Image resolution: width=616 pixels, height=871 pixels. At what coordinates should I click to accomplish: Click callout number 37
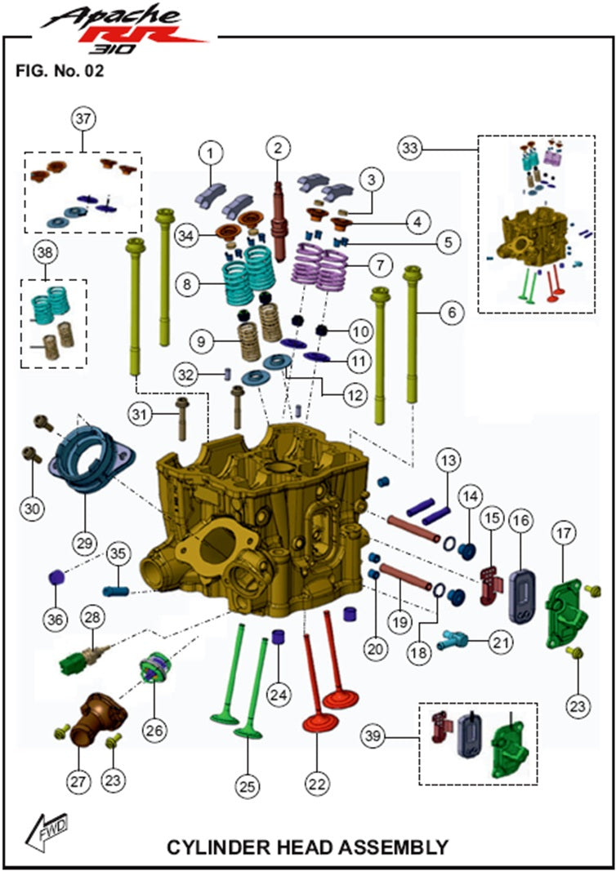click(x=83, y=119)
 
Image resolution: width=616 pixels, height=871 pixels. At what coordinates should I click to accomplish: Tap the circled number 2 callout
click(x=278, y=148)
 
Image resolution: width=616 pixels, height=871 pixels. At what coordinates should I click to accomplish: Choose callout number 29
click(x=85, y=541)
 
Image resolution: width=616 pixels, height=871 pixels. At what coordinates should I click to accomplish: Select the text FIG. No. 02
click(x=60, y=71)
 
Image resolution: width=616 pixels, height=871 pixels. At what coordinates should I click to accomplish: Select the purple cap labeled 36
click(x=56, y=580)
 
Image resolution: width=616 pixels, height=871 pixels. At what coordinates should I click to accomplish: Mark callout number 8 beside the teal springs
click(x=187, y=285)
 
